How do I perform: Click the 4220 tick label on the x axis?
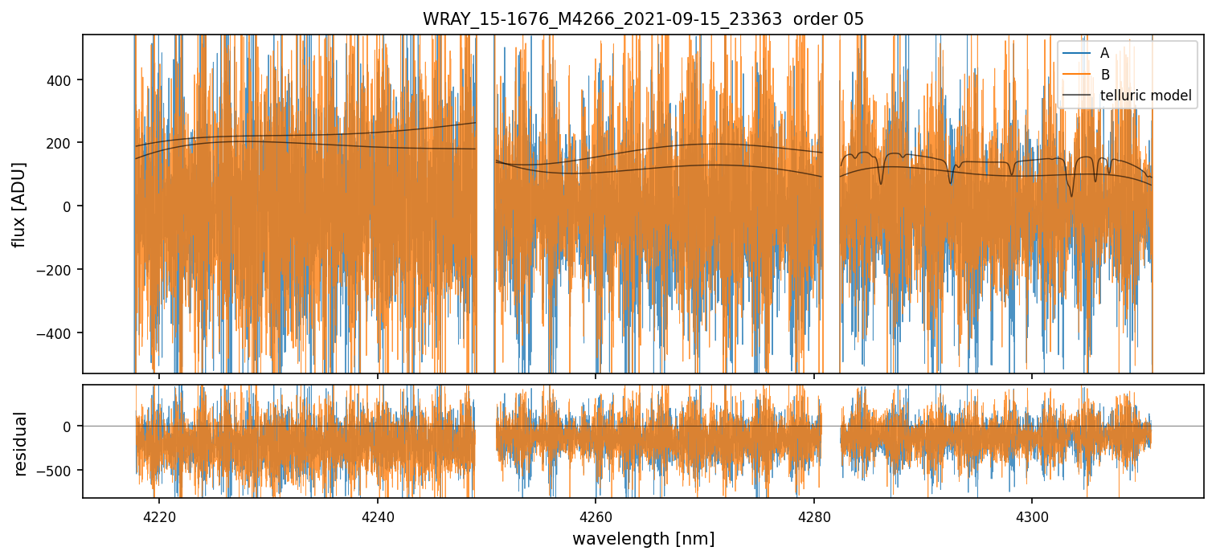coord(158,513)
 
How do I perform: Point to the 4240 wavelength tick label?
coord(377,513)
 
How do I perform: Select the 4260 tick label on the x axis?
coord(596,513)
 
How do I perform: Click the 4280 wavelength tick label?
coord(813,513)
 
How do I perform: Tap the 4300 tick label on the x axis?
coord(1032,513)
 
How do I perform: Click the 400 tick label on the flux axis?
coord(62,80)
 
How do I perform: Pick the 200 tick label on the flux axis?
coord(62,143)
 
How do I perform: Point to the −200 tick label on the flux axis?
coord(58,270)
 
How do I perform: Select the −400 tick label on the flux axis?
coord(58,333)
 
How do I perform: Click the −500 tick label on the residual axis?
coord(58,470)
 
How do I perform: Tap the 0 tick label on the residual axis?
coord(69,426)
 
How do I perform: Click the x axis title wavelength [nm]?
coord(643,538)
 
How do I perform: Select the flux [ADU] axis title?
coord(19,204)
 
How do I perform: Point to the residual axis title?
coord(19,443)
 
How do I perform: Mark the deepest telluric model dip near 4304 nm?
coord(1071,195)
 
